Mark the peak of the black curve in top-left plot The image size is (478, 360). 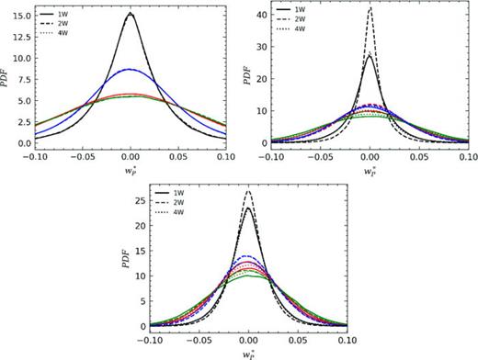click(x=131, y=14)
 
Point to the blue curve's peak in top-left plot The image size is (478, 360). click(x=131, y=69)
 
